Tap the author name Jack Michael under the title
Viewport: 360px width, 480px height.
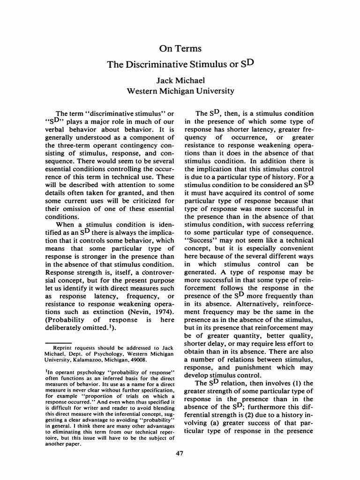[x=180, y=81]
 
